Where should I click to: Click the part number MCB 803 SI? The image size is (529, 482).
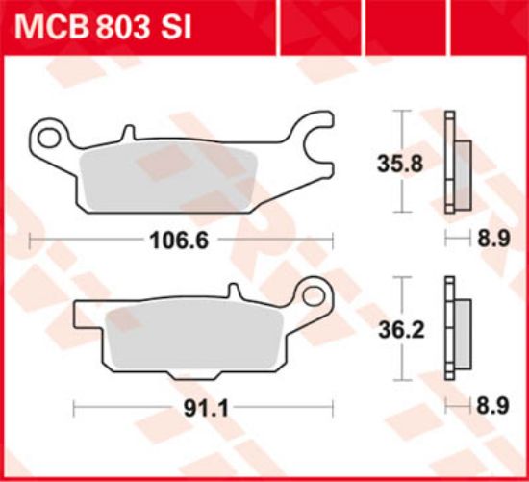coord(103,27)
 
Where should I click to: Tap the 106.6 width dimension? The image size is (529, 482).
coord(179,241)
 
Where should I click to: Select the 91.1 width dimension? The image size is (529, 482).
coord(206,409)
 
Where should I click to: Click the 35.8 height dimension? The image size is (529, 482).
coord(400,165)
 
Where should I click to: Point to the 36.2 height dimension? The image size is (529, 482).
coord(401,330)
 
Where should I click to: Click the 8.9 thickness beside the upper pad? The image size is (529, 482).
coord(493,239)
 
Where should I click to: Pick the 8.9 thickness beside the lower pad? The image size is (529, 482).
coord(492,406)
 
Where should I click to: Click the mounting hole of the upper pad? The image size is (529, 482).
coord(48,138)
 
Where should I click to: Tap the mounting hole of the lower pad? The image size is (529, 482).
coord(314,296)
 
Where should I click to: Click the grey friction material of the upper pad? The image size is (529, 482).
coord(168,177)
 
